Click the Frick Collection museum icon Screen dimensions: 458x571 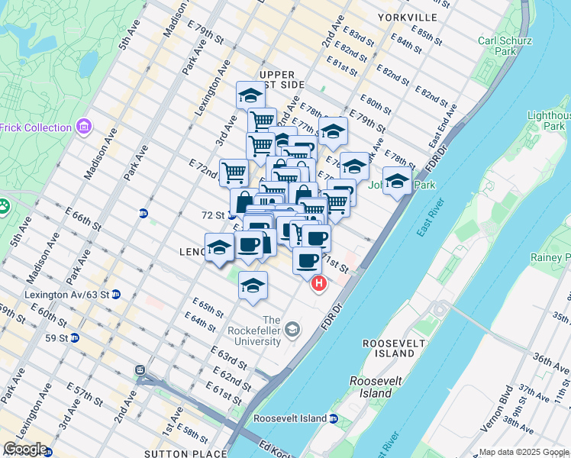pyautogui.click(x=83, y=127)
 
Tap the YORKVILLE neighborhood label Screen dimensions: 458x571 pyautogui.click(x=408, y=17)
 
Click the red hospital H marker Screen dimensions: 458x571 pyautogui.click(x=319, y=285)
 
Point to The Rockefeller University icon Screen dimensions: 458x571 pyautogui.click(x=292, y=330)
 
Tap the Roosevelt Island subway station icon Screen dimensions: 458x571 pyautogui.click(x=334, y=418)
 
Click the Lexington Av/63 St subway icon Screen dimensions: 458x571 pyautogui.click(x=115, y=294)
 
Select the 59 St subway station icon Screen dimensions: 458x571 pyautogui.click(x=75, y=337)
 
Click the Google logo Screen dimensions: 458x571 pyautogui.click(x=25, y=449)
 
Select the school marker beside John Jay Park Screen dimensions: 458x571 pyautogui.click(x=396, y=181)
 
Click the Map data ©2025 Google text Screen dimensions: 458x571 pyautogui.click(x=524, y=452)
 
